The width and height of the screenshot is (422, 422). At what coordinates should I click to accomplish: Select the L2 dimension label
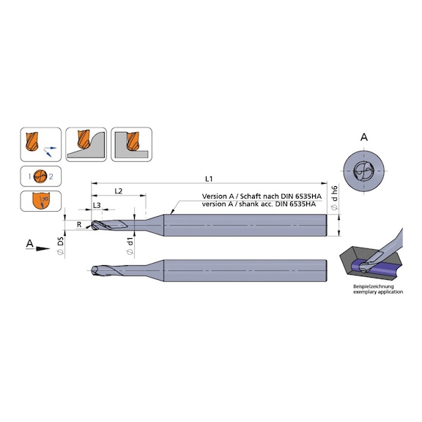118,191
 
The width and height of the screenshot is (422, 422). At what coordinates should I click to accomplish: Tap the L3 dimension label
97,207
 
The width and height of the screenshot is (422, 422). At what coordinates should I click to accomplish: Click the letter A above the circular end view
364,137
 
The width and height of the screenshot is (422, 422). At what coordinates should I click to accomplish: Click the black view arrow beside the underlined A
44,249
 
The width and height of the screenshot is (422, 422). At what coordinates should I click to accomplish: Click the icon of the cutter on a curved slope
86,144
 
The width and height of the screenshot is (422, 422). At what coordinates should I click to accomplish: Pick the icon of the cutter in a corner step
131,144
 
